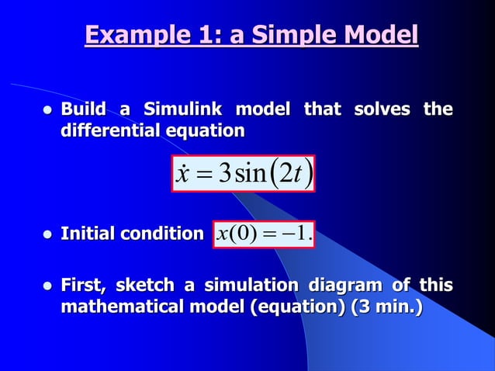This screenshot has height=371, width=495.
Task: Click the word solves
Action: [382, 109]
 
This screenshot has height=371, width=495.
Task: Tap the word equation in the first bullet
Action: [207, 131]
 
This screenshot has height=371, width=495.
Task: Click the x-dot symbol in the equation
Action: [184, 174]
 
